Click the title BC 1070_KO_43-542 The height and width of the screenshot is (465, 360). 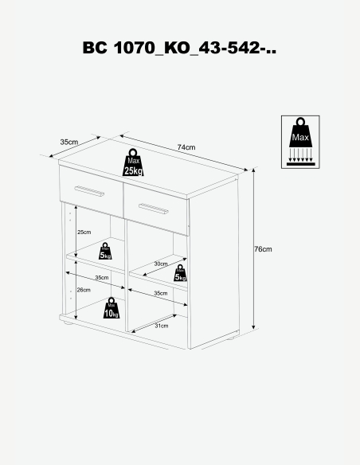[179, 48]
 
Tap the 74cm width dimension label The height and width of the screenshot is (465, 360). [186, 147]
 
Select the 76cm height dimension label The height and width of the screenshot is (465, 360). [263, 249]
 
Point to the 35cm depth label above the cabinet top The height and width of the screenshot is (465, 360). [69, 142]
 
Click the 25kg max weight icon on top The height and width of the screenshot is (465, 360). [133, 162]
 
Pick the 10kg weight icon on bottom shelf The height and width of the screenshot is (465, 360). [112, 308]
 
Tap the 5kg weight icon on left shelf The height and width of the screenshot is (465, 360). [105, 251]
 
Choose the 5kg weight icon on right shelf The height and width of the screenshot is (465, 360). [180, 273]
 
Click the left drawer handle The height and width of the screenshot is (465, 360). [89, 190]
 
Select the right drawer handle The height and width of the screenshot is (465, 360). [154, 209]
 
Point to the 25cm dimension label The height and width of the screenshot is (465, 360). [84, 232]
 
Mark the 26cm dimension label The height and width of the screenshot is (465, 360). [84, 290]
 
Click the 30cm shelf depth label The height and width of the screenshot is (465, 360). [161, 264]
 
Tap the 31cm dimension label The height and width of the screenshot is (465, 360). [162, 326]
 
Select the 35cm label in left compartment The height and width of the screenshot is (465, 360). [102, 278]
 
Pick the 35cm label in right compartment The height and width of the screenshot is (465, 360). [161, 293]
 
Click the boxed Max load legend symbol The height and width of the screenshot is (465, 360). [300, 142]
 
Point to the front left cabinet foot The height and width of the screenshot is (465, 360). [68, 324]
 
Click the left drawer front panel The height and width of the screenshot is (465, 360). [92, 192]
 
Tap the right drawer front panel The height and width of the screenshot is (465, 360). [156, 209]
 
